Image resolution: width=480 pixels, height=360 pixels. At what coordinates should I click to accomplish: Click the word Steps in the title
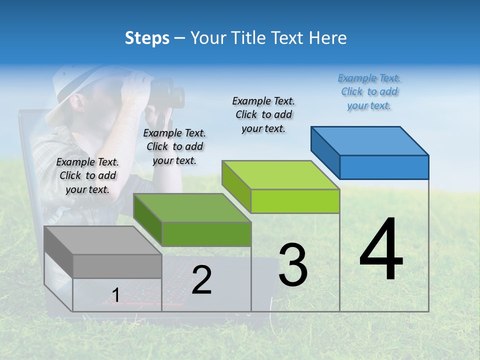[147, 38]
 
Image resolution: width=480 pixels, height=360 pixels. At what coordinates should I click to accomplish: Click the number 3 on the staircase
[293, 265]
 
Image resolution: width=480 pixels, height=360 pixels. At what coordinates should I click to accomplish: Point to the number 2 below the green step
[201, 280]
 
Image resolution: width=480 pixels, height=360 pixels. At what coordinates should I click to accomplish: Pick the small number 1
[116, 295]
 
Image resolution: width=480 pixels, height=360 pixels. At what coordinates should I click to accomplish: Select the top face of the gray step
[102, 240]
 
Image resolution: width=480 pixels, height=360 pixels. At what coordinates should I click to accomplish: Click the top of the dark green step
[192, 207]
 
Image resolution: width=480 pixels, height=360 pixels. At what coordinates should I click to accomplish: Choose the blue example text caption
[369, 92]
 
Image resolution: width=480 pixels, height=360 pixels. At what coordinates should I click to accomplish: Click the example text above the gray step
[87, 176]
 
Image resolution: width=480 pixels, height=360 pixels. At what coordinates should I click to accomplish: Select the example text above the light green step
[263, 114]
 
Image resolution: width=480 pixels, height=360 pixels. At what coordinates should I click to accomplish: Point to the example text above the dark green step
[174, 147]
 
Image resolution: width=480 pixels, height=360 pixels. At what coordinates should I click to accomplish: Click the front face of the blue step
[384, 167]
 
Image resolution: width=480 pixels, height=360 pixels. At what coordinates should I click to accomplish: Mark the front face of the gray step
[117, 266]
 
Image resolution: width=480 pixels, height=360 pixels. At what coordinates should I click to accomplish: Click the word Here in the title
[328, 38]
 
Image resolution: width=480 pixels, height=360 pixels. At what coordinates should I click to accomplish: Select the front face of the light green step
[295, 201]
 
